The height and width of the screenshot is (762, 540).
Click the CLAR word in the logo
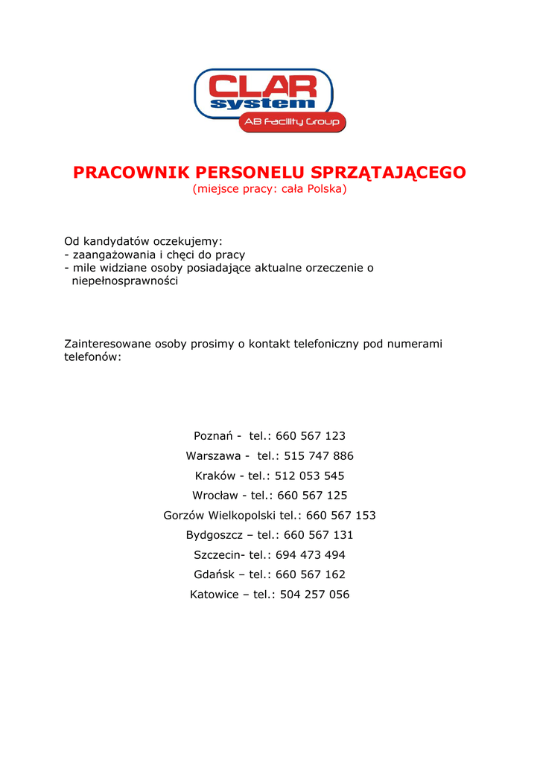pyautogui.click(x=264, y=85)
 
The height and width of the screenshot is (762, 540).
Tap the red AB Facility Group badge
pyautogui.click(x=292, y=122)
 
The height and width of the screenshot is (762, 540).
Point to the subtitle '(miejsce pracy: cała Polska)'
pyautogui.click(x=270, y=190)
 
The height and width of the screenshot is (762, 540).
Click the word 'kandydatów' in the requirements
pyautogui.click(x=116, y=241)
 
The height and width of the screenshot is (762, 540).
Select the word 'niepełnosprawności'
pyautogui.click(x=124, y=281)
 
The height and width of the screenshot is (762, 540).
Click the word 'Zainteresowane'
pyautogui.click(x=107, y=344)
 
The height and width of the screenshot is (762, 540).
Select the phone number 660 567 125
pyautogui.click(x=312, y=496)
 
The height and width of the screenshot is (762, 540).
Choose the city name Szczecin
pyautogui.click(x=217, y=555)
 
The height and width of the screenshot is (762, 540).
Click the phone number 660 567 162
pyautogui.click(x=311, y=574)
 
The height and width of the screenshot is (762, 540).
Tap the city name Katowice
pyautogui.click(x=215, y=595)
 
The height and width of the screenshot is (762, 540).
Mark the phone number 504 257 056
pyautogui.click(x=314, y=595)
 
